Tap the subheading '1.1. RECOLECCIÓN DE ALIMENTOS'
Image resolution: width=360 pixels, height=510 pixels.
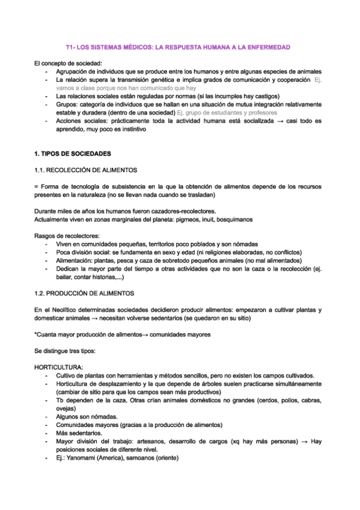tap(86, 170)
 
